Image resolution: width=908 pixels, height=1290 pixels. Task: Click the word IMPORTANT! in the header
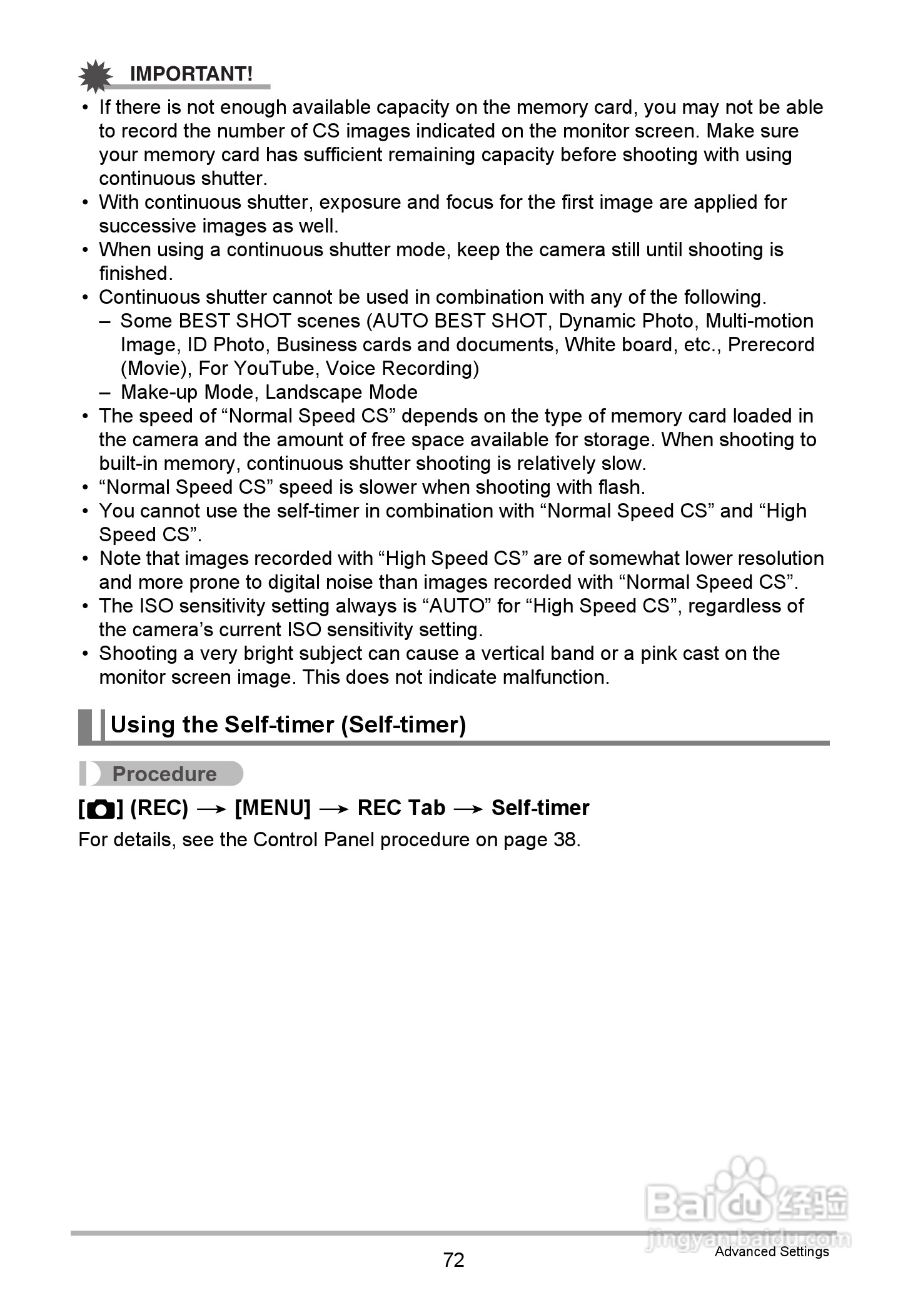pos(191,74)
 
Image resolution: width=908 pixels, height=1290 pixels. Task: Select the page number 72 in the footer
pos(453,1260)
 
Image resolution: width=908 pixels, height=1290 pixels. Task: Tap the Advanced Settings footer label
pos(772,1251)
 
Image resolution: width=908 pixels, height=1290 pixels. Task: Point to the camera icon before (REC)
pos(100,809)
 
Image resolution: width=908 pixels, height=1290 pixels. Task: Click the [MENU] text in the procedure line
pos(273,808)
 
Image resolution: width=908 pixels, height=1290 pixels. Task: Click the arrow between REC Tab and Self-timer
pos(468,809)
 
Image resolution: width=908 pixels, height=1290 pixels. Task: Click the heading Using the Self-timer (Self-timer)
pos(288,725)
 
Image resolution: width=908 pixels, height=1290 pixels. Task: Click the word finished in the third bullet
pos(134,274)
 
